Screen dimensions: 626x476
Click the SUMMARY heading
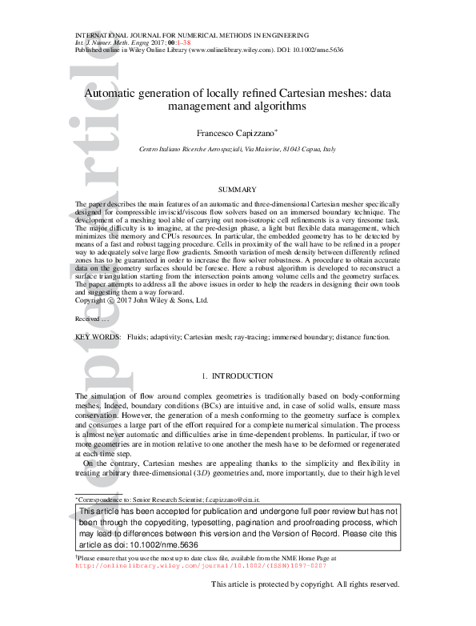tap(238, 190)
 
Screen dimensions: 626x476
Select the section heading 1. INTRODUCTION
tap(238, 375)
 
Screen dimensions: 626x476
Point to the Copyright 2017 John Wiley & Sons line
tap(142, 300)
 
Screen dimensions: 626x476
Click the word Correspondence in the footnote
tap(106, 498)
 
